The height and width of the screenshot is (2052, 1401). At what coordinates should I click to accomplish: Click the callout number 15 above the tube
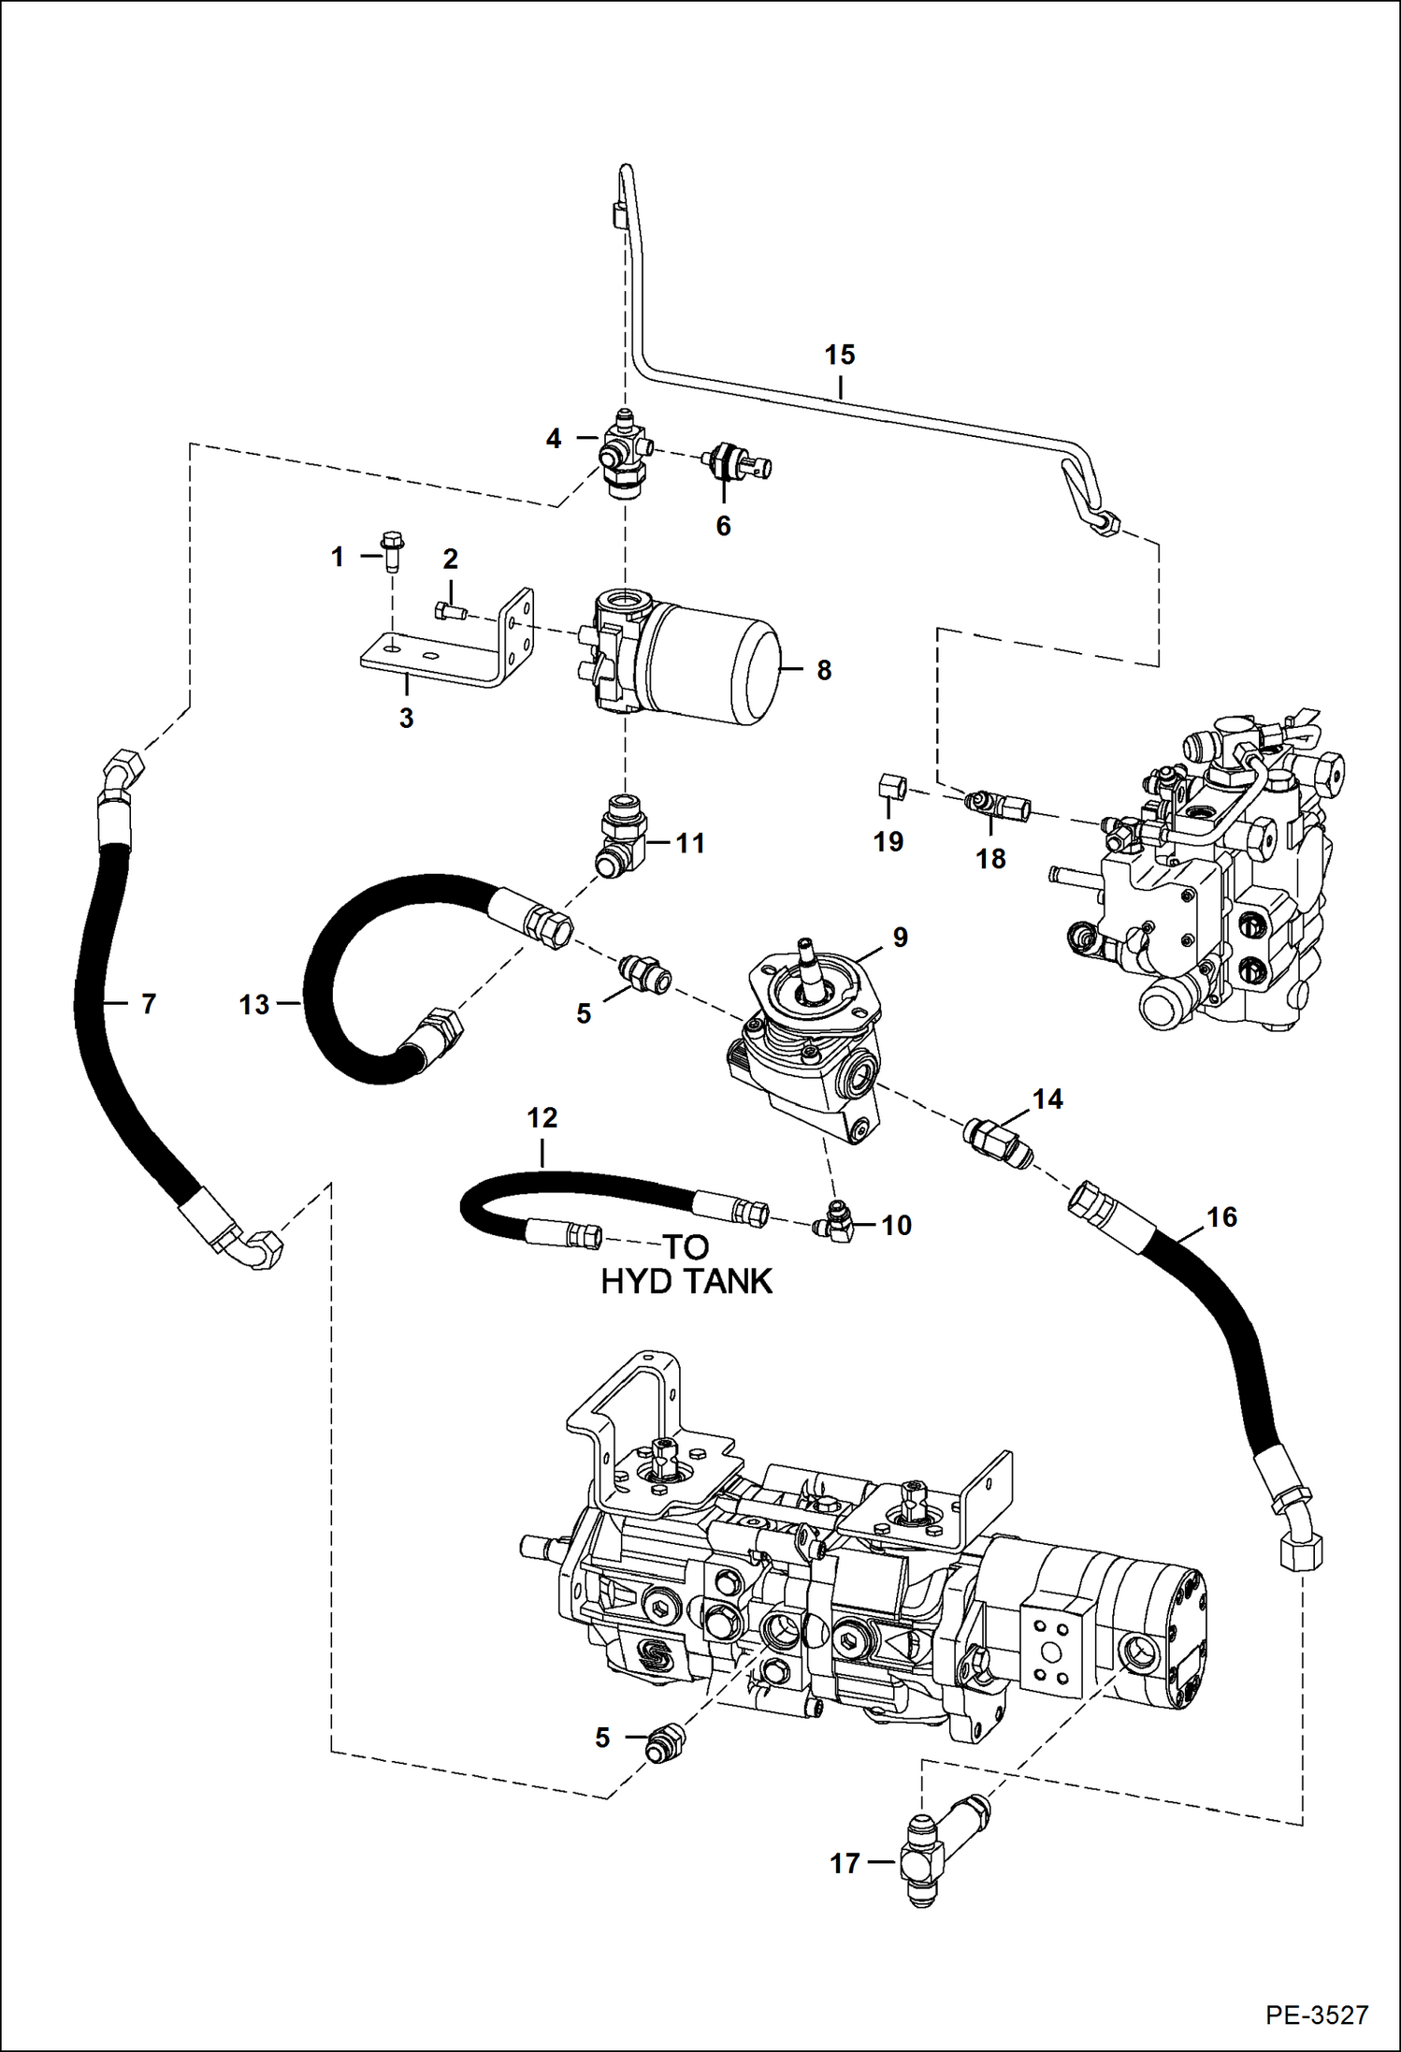pyautogui.click(x=839, y=355)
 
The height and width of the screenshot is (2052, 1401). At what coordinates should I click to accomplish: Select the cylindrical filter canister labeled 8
pyautogui.click(x=715, y=662)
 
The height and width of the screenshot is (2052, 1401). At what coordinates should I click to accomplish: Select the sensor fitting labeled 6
pyautogui.click(x=734, y=462)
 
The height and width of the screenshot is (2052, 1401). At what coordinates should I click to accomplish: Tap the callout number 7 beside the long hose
pyautogui.click(x=148, y=1004)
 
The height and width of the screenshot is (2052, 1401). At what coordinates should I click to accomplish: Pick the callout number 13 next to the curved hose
pyautogui.click(x=253, y=1005)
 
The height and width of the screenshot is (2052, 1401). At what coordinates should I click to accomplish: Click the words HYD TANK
pyautogui.click(x=686, y=1281)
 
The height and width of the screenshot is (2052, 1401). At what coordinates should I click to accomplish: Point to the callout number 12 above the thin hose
pyautogui.click(x=542, y=1117)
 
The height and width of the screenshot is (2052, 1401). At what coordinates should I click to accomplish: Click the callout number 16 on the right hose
pyautogui.click(x=1220, y=1216)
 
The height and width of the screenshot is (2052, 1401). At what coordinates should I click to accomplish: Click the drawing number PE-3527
pyautogui.click(x=1317, y=2014)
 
